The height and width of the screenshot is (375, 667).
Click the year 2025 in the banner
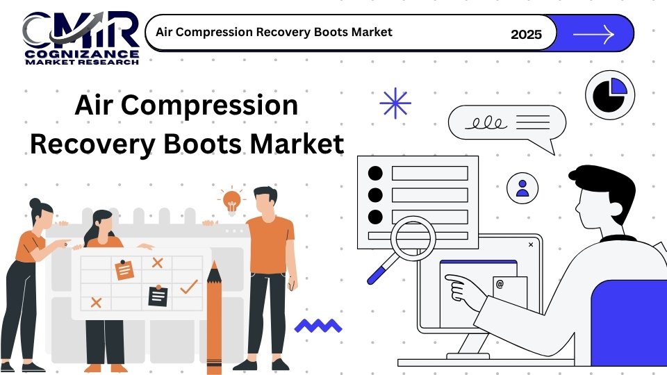pos(526,35)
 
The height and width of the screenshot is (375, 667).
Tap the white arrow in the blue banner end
pos(594,34)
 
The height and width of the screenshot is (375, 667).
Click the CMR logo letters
pos(81,30)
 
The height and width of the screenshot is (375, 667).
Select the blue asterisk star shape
pos(395,103)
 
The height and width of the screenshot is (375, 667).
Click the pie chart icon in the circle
pos(610,95)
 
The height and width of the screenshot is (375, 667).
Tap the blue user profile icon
pos(522,188)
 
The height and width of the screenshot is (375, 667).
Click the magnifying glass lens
pos(413,238)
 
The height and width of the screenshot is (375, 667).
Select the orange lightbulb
pos(232,201)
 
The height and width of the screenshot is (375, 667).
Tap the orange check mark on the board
pos(189,287)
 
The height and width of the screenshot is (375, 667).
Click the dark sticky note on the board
pos(158,295)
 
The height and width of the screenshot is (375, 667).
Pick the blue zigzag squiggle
pos(318,326)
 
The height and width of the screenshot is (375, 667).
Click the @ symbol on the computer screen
pos(500,283)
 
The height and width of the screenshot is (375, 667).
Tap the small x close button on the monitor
pos(531,244)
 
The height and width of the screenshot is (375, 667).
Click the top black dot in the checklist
pos(375,173)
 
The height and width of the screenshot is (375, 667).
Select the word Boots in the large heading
pos(202,144)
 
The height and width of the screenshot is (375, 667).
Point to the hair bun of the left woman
pos(35,203)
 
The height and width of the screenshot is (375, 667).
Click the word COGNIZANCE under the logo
pos(82,54)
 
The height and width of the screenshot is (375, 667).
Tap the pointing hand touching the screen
pos(465,290)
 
